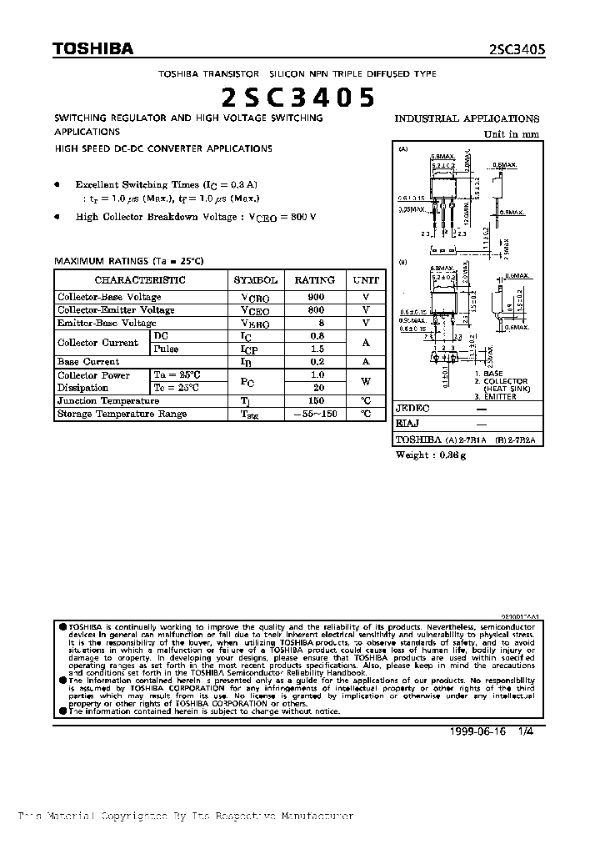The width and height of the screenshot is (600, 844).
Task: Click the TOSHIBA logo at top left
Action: click(x=93, y=49)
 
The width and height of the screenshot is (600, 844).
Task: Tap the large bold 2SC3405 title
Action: click(x=298, y=98)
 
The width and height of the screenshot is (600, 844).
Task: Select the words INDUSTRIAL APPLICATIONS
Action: click(x=467, y=118)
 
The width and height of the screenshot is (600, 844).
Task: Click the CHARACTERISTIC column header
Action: click(x=140, y=280)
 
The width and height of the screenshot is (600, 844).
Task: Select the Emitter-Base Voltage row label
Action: click(x=106, y=323)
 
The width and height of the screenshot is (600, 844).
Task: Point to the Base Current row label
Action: click(x=88, y=362)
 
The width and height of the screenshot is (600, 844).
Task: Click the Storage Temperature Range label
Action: click(x=122, y=414)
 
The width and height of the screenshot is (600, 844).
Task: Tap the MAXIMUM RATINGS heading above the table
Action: click(x=128, y=261)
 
